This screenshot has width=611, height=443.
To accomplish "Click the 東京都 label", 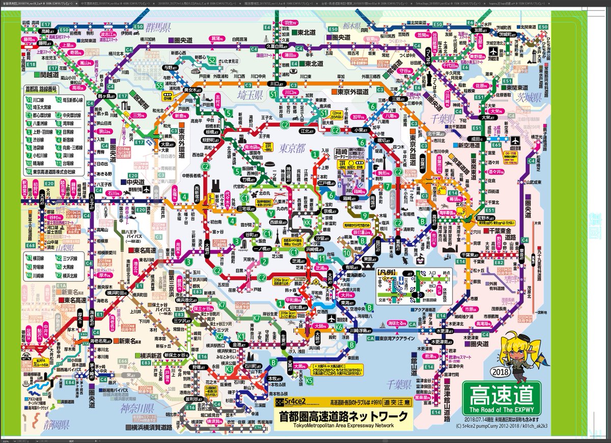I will coord(292,148).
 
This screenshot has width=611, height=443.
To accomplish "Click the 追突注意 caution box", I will coord(398,402).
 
